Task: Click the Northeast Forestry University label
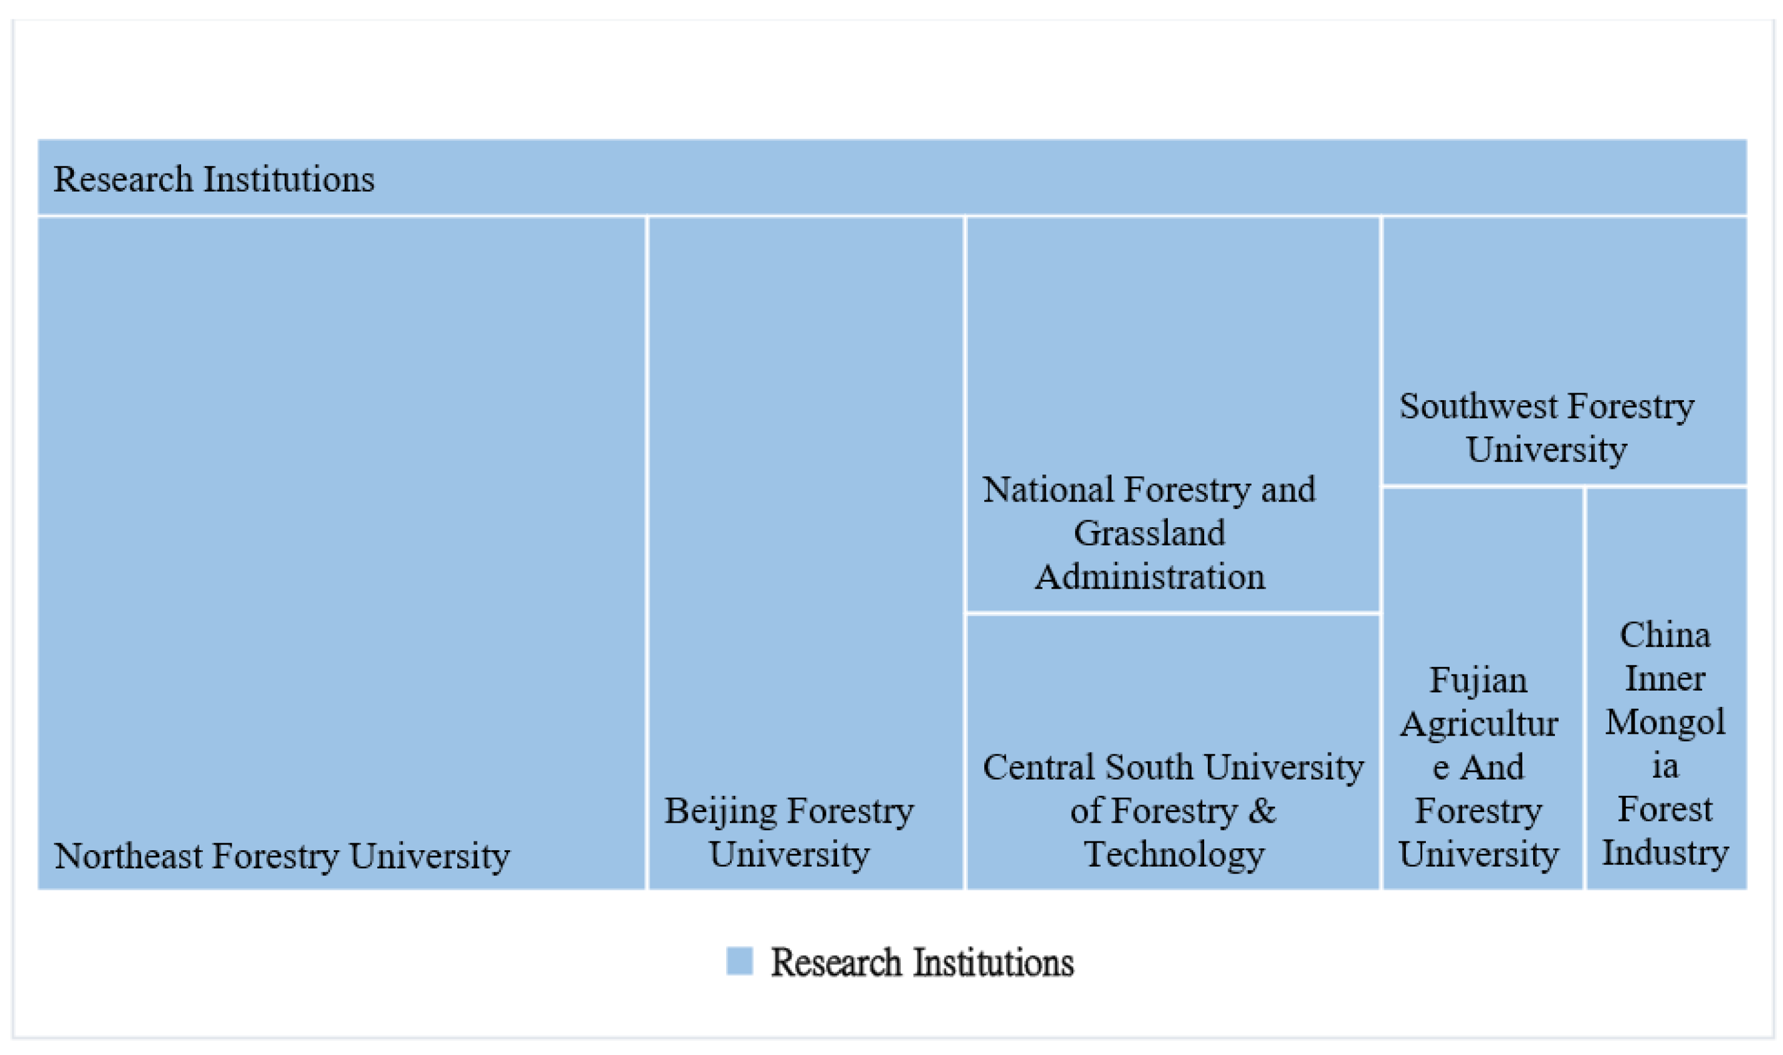(x=282, y=856)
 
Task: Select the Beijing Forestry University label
(x=789, y=833)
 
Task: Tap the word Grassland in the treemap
(x=1150, y=533)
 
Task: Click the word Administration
(x=1150, y=577)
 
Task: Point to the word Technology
(x=1173, y=855)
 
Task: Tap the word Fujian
(x=1478, y=681)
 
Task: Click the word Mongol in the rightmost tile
(x=1665, y=723)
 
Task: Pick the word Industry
(x=1665, y=853)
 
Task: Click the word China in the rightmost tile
(x=1665, y=635)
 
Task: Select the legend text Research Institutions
(x=922, y=962)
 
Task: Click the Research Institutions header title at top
(x=214, y=179)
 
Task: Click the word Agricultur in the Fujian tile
(x=1478, y=724)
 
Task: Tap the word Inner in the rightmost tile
(x=1665, y=679)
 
